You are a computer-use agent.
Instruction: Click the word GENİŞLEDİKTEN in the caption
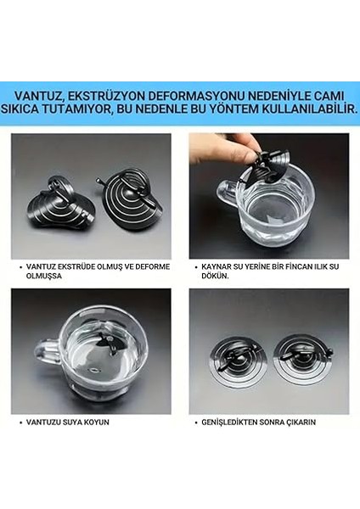click(x=233, y=422)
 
